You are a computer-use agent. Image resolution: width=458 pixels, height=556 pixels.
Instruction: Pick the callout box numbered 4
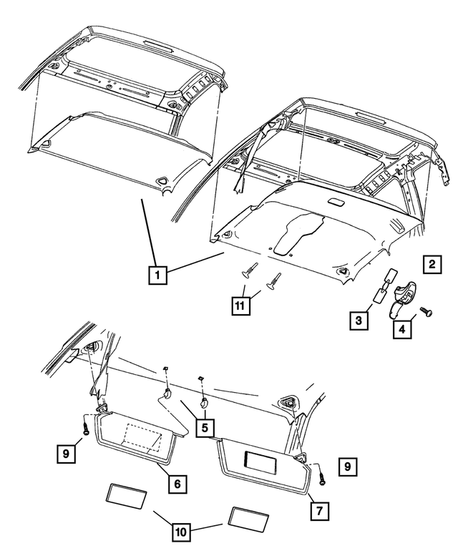click(x=401, y=328)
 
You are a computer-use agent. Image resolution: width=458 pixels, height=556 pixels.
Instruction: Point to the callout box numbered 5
click(x=204, y=428)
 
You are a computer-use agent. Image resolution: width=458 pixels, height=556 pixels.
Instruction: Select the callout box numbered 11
click(x=243, y=306)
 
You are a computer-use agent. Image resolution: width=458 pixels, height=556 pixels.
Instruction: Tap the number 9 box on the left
click(x=67, y=452)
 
